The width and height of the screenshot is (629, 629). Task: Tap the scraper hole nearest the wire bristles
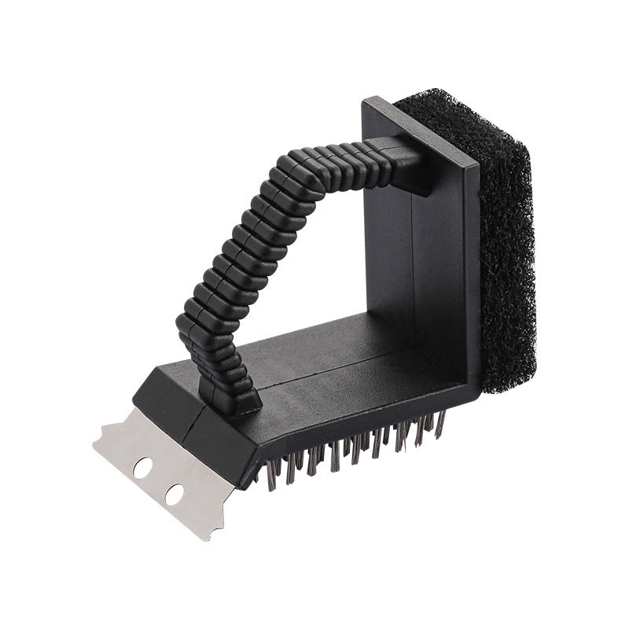pyautogui.click(x=174, y=495)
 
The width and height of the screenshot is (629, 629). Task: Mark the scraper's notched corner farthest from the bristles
pyautogui.click(x=101, y=440)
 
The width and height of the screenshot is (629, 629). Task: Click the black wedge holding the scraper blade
pyautogui.click(x=169, y=401)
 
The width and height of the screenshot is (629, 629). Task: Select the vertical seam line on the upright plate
pyautogui.click(x=412, y=259)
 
